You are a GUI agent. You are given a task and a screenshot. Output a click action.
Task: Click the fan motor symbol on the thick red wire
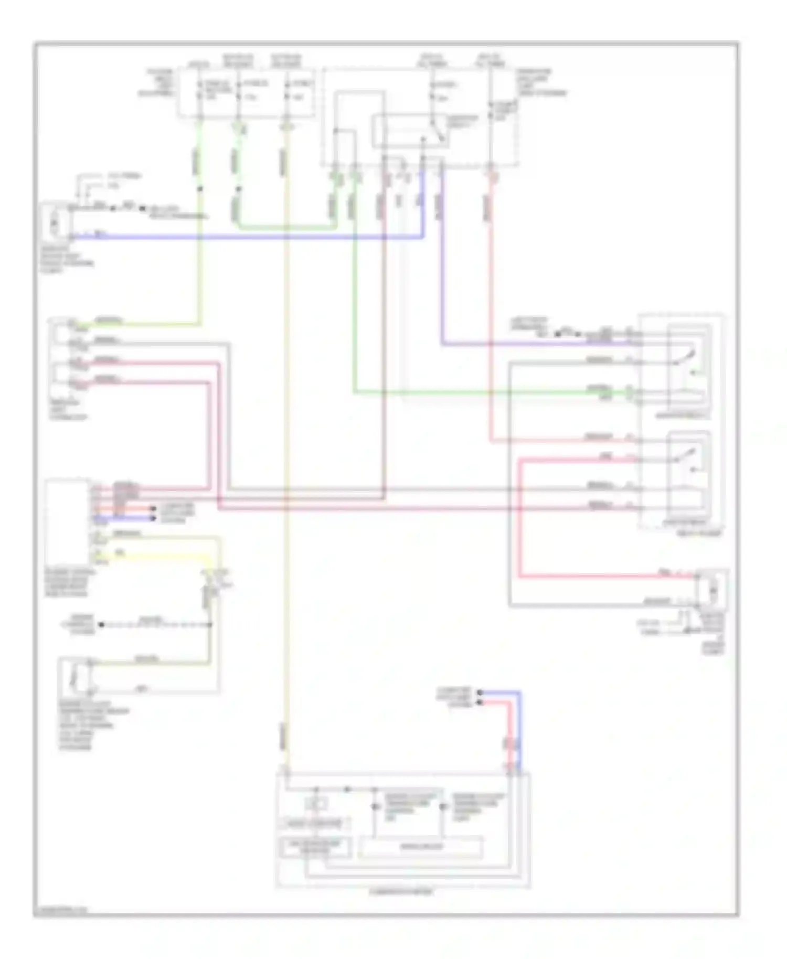[713, 591]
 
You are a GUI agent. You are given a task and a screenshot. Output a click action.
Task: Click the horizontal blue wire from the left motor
[247, 237]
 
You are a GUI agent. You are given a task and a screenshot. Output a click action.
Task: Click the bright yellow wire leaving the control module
[157, 557]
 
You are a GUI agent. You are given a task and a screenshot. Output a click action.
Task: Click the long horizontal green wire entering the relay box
[493, 392]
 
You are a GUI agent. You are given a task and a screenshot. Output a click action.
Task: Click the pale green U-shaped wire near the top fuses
[286, 227]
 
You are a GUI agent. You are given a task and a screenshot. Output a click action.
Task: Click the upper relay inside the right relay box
[688, 367]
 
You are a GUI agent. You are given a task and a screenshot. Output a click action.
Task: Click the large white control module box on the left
[67, 521]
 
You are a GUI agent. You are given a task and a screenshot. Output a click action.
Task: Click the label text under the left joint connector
[68, 410]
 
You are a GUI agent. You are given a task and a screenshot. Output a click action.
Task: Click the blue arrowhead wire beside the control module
[126, 518]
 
